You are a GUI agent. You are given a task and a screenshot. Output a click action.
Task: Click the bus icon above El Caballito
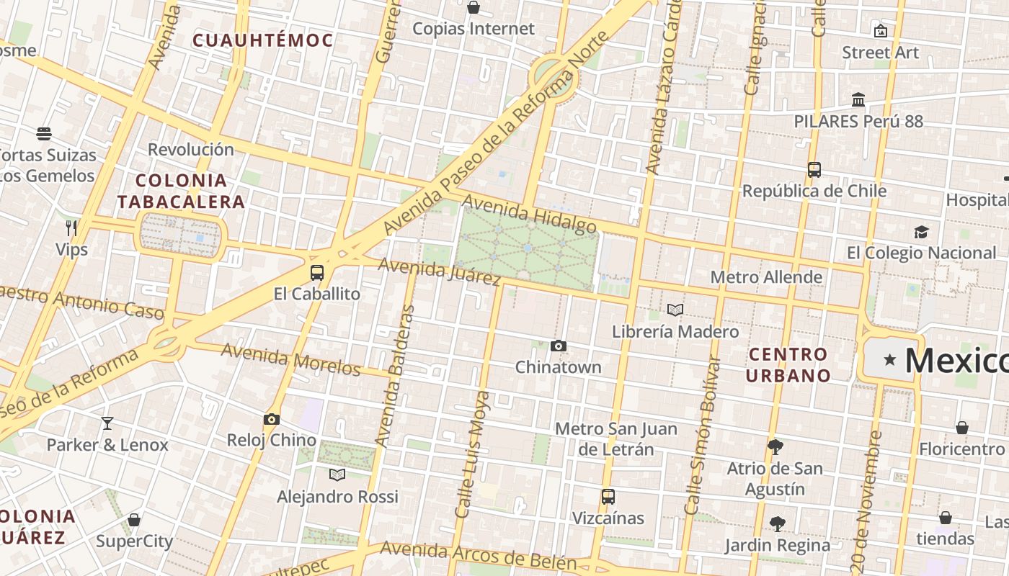pyautogui.click(x=317, y=272)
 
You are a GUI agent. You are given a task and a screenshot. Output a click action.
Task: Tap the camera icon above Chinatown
pyautogui.click(x=558, y=346)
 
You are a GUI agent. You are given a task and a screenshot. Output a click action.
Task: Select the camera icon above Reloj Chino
pyautogui.click(x=272, y=419)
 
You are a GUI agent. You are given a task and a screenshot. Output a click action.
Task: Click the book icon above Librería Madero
pyautogui.click(x=675, y=310)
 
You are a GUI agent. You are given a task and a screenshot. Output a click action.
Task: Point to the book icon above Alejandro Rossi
pyautogui.click(x=337, y=474)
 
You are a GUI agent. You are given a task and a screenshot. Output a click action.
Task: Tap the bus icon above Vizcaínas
pyautogui.click(x=608, y=496)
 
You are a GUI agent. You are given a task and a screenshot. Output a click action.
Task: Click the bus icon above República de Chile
pyautogui.click(x=814, y=170)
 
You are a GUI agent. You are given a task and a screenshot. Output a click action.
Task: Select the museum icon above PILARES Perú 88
pyautogui.click(x=858, y=99)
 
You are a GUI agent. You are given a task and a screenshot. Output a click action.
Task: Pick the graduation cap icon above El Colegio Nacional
pyautogui.click(x=921, y=232)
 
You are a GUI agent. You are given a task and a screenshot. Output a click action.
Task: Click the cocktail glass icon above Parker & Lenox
pyautogui.click(x=107, y=423)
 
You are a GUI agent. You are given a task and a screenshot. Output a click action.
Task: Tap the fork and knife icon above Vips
pyautogui.click(x=71, y=228)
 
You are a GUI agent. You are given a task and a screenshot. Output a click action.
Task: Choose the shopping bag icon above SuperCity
pyautogui.click(x=134, y=520)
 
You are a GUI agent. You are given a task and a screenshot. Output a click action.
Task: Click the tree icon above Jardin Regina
pyautogui.click(x=777, y=523)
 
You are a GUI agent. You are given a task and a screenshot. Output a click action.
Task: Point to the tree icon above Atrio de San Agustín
pyautogui.click(x=775, y=447)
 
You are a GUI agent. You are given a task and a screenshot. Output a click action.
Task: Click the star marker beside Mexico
pyautogui.click(x=890, y=359)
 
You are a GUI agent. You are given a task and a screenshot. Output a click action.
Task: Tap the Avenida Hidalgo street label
pyautogui.click(x=529, y=213)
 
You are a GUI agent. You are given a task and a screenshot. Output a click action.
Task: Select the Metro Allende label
pyautogui.click(x=766, y=277)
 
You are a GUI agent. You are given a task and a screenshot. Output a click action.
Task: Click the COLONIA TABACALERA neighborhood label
pyautogui.click(x=182, y=191)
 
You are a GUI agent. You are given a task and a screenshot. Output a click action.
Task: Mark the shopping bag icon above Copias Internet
pyautogui.click(x=474, y=8)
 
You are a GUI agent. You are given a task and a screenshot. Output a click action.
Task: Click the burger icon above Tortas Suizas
pyautogui.click(x=44, y=134)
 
